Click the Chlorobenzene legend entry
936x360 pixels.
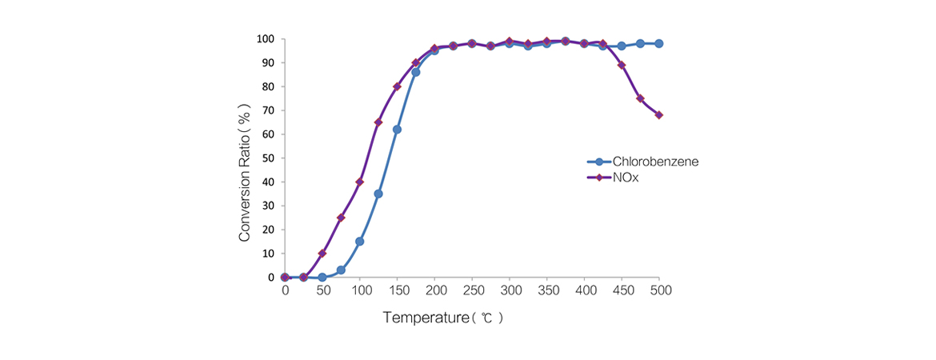pos(654,162)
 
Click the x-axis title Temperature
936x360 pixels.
pos(443,318)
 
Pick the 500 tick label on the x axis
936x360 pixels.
pos(659,291)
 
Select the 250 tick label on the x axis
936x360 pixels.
pos(472,291)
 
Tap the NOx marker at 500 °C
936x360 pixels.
pos(659,115)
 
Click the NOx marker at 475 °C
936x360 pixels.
pos(640,98)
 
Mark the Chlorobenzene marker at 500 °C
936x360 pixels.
pos(659,43)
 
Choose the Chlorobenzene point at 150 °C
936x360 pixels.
pos(397,130)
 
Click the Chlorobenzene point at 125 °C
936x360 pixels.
pos(378,194)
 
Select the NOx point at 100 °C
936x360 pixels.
pos(360,182)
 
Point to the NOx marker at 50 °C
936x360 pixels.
pos(322,254)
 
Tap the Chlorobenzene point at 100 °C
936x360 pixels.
pos(360,242)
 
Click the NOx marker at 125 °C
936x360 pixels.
pos(378,122)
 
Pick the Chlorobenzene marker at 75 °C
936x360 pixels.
pos(341,270)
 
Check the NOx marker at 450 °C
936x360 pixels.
pos(622,65)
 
